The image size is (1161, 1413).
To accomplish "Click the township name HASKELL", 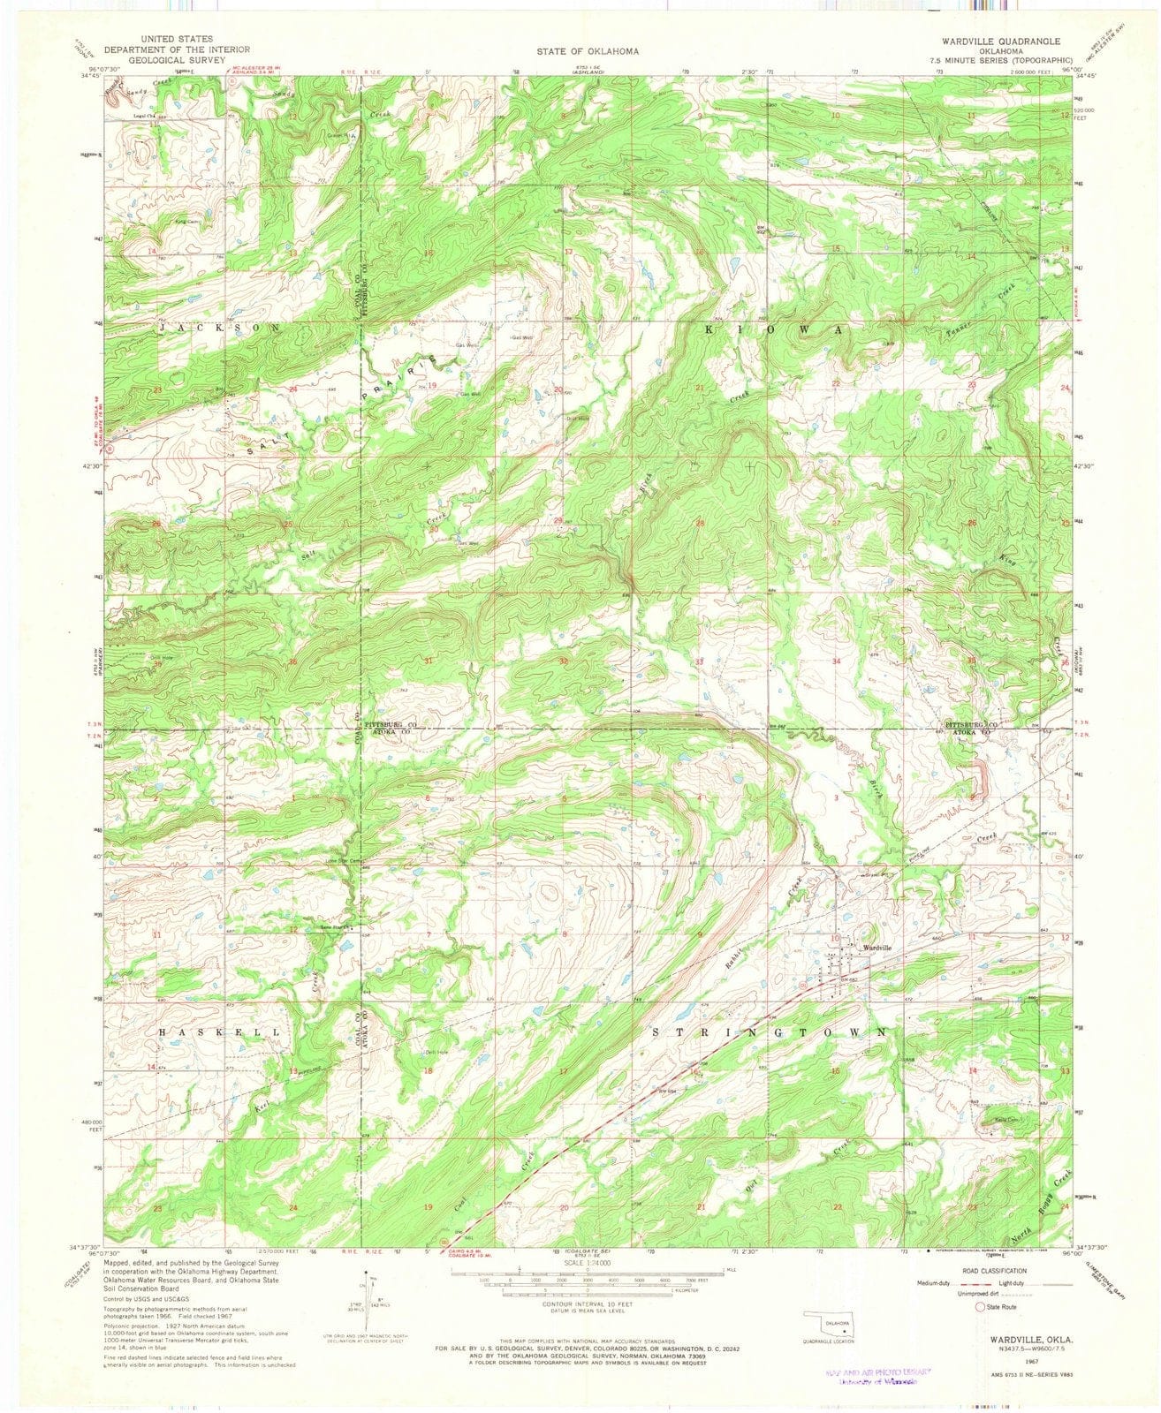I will (x=221, y=1031).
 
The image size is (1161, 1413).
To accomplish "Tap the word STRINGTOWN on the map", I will (x=770, y=1031).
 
